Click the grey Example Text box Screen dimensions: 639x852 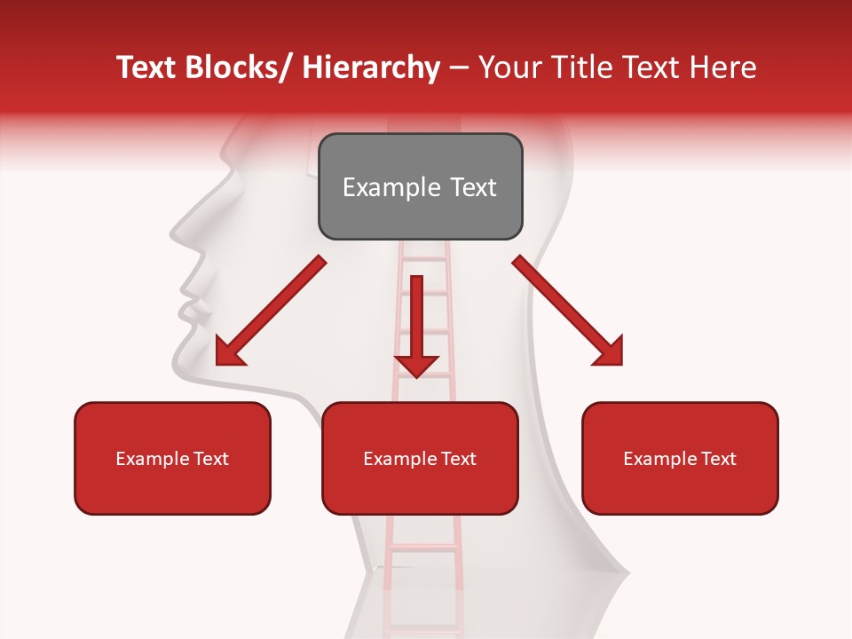click(420, 186)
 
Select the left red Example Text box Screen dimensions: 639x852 click(172, 458)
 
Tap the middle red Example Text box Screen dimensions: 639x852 click(420, 458)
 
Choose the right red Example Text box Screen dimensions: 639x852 click(680, 458)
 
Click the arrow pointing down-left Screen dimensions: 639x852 click(271, 312)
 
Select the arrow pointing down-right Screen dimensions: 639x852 click(568, 311)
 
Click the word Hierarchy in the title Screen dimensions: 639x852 click(371, 67)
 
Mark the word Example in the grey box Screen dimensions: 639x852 click(381, 187)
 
